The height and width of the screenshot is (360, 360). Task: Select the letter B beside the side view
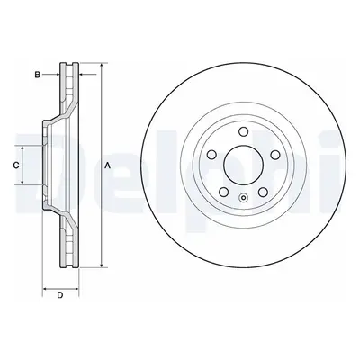pyautogui.click(x=37, y=75)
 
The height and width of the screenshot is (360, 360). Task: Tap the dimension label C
pyautogui.click(x=16, y=165)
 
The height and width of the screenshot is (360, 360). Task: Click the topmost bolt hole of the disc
pyautogui.click(x=243, y=131)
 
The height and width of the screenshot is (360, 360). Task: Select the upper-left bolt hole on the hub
pyautogui.click(x=212, y=155)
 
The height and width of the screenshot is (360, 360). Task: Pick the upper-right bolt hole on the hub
pyautogui.click(x=274, y=155)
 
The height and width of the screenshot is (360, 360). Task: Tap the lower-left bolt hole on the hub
pyautogui.click(x=224, y=192)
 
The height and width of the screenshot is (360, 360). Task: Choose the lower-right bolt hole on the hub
pyautogui.click(x=263, y=192)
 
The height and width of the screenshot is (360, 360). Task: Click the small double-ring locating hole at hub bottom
pyautogui.click(x=243, y=197)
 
